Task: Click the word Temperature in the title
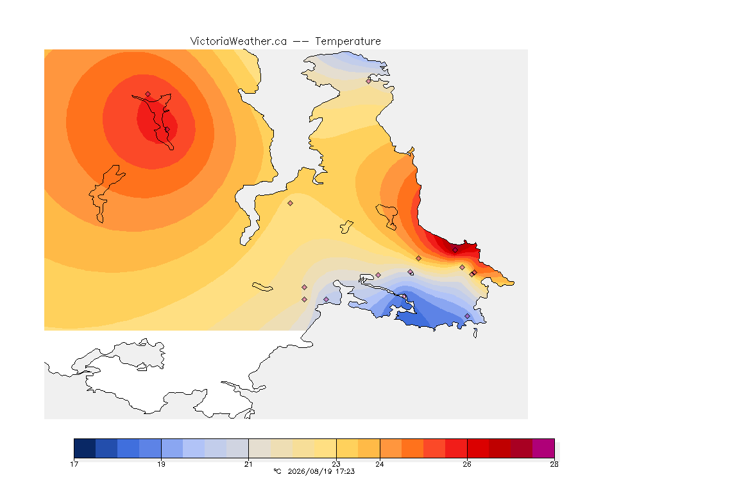pos(348,42)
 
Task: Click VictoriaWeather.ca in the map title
pos(239,42)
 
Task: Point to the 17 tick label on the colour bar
pos(74,464)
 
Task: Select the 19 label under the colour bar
pos(161,464)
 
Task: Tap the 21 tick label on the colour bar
pos(248,464)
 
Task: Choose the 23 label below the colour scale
pos(336,464)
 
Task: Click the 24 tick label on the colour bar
pos(380,464)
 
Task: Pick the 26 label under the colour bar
pos(467,464)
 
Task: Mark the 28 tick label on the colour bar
pos(554,464)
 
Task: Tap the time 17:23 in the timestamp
pos(345,471)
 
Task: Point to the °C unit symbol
pos(277,471)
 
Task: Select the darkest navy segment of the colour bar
pos(85,448)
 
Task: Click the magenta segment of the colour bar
pos(543,448)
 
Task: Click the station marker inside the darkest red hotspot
pos(455,250)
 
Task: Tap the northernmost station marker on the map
pos(369,81)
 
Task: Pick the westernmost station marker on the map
pos(148,94)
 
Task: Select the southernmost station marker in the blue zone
pos(467,316)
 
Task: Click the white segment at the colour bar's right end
pos(557,448)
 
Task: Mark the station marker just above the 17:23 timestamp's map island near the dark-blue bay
pos(404,297)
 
